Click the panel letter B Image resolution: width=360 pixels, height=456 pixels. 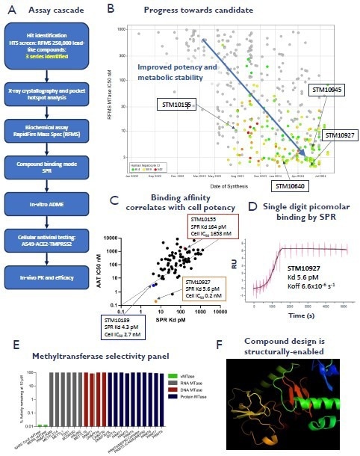111,10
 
